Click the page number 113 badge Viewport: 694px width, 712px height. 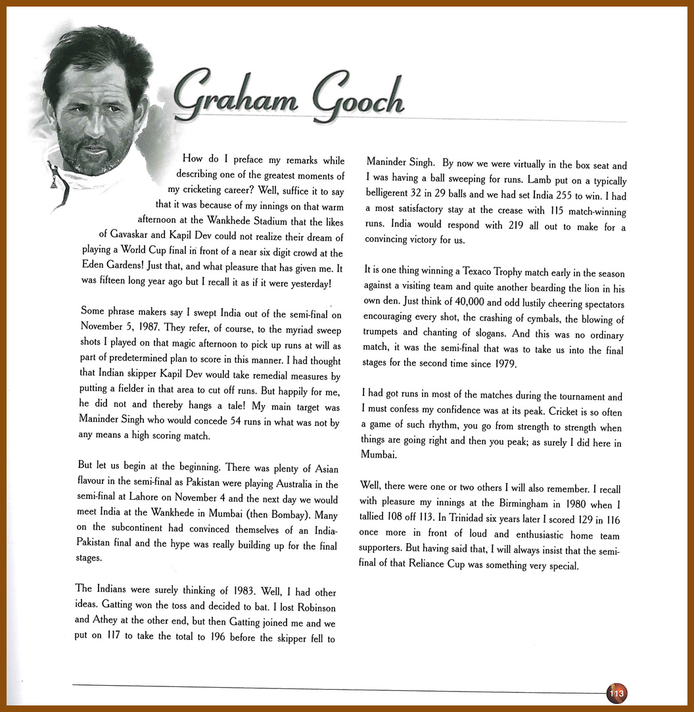click(616, 693)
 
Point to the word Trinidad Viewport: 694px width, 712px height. click(460, 519)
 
